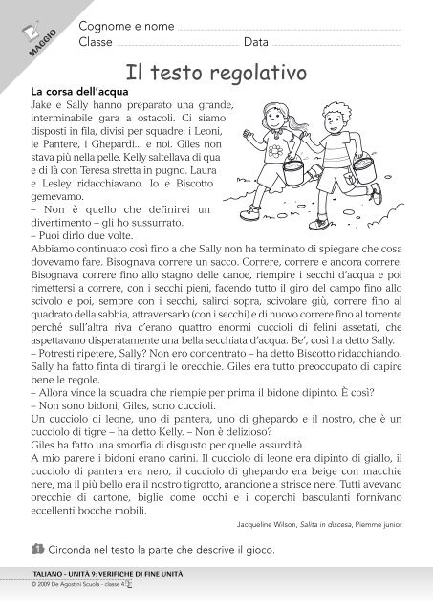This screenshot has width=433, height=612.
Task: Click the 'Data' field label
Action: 255,43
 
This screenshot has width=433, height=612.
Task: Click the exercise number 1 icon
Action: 35,549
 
